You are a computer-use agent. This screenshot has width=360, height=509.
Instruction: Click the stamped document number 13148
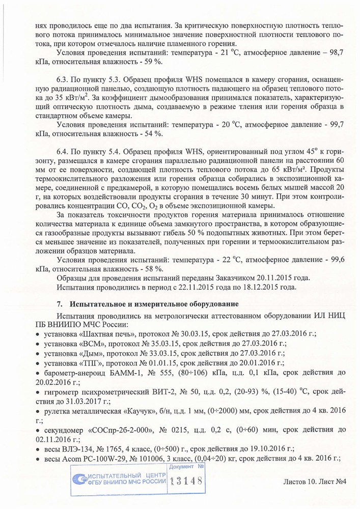coord(186,480)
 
